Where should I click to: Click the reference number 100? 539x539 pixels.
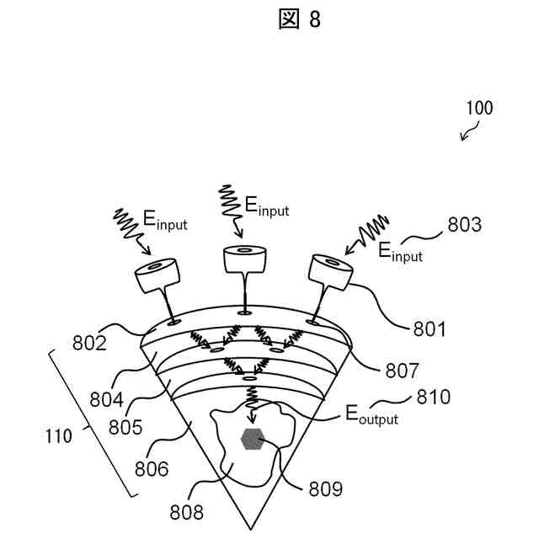pos(478,108)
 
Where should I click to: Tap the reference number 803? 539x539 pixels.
pos(464,225)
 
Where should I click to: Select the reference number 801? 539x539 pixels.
pos(429,328)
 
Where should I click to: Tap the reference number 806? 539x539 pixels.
pos(148,468)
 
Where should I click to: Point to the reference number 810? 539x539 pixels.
pos(434,397)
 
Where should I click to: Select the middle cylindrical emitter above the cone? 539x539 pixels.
pos(244,259)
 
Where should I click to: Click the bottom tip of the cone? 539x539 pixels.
pos(251,528)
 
